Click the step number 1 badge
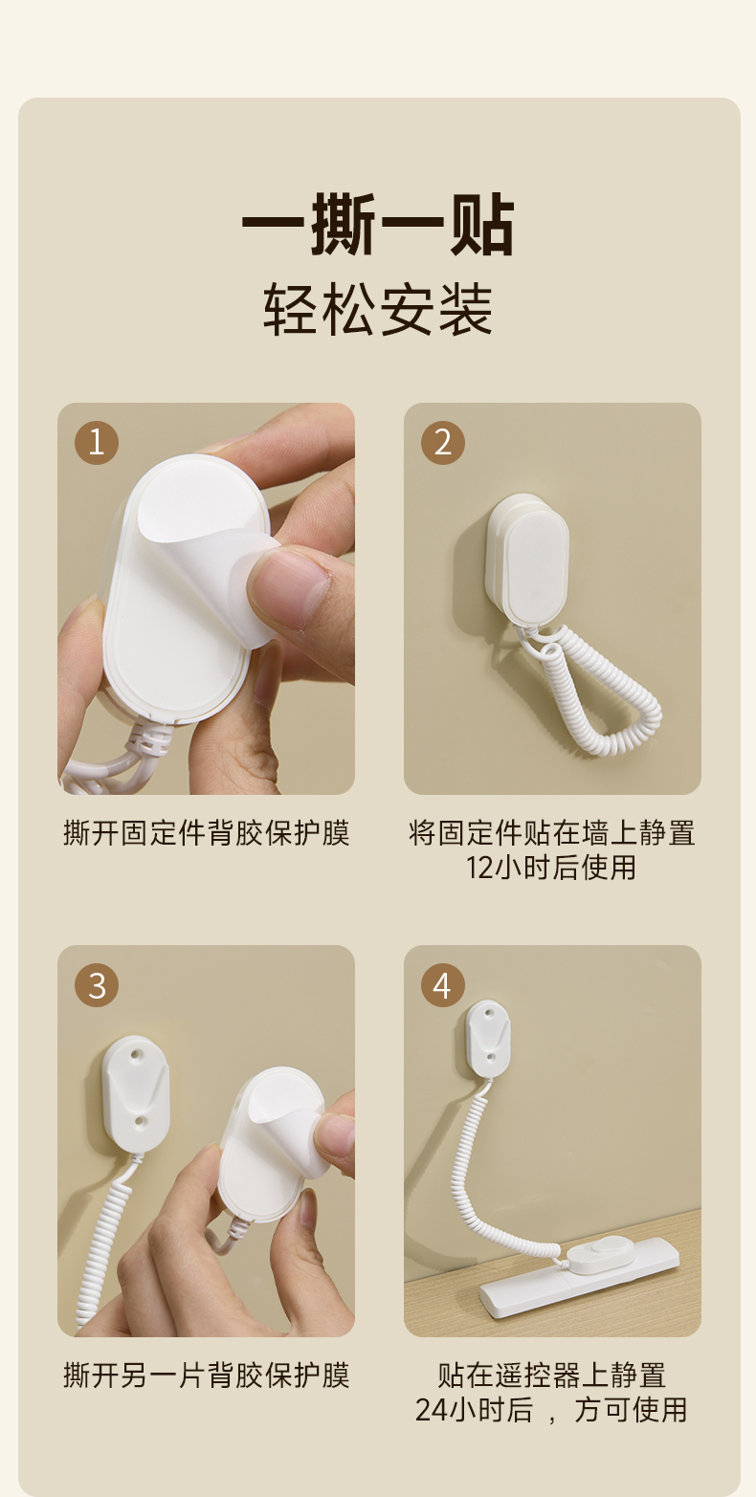97,443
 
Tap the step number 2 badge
442,443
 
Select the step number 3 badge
97,985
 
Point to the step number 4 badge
442,985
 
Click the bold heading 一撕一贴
378,225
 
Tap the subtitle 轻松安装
378,310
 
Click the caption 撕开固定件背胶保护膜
206,833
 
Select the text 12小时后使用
551,868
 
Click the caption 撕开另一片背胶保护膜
206,1376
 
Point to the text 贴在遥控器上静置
552,1376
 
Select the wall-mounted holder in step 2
527,558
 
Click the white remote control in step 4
580,1278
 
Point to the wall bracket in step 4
487,1037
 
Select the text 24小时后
474,1410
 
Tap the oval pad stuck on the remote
599,1252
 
